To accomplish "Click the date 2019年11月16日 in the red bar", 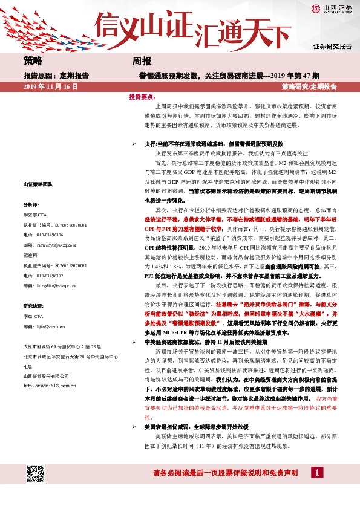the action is point(51,87).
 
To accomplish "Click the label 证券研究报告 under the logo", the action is point(332,47).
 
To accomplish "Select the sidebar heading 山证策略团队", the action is point(38,184).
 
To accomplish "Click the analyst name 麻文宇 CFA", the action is point(36,215).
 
